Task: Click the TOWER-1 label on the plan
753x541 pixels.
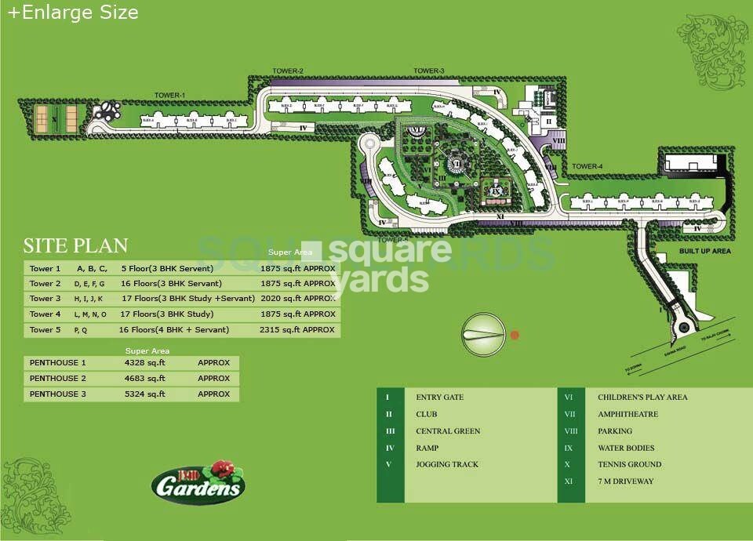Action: pyautogui.click(x=169, y=96)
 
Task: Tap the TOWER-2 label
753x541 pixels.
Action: pyautogui.click(x=288, y=71)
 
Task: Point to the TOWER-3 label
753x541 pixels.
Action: pyautogui.click(x=429, y=71)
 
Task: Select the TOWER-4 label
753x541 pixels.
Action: pyautogui.click(x=587, y=166)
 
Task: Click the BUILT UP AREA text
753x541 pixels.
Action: pyautogui.click(x=705, y=251)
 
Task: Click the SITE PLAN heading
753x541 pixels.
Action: pyautogui.click(x=75, y=245)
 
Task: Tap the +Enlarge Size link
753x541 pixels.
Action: pyautogui.click(x=73, y=13)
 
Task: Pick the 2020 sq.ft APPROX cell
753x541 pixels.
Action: pyautogui.click(x=297, y=299)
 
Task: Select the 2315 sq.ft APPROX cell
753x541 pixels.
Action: pyautogui.click(x=297, y=330)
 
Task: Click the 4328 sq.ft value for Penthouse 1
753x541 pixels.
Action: pyautogui.click(x=145, y=363)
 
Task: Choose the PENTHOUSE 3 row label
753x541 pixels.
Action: pyautogui.click(x=58, y=394)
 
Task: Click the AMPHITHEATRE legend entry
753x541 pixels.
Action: pyautogui.click(x=627, y=414)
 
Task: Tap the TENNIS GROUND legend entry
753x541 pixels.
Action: pyautogui.click(x=629, y=464)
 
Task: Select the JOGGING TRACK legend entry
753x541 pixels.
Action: pyautogui.click(x=447, y=464)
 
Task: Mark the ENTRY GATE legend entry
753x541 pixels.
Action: pyautogui.click(x=439, y=398)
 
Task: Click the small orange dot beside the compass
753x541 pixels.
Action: pyautogui.click(x=515, y=335)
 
